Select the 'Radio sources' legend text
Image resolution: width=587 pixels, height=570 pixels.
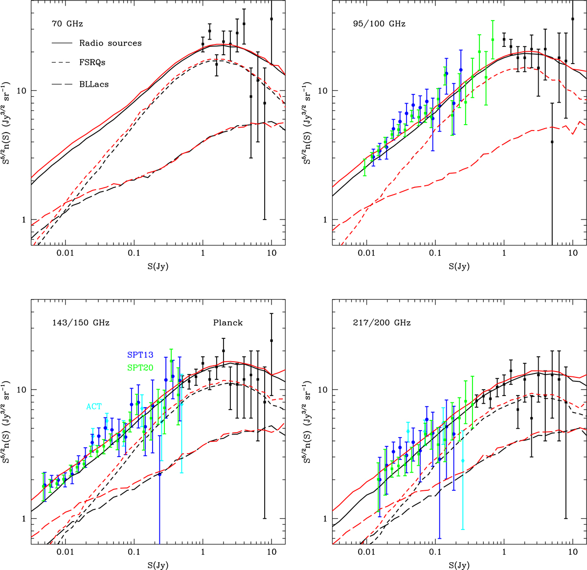coord(111,43)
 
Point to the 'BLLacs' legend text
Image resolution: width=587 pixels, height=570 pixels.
coord(94,84)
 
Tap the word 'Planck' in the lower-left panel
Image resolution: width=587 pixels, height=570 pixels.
coord(227,323)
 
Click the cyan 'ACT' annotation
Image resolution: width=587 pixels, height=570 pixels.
coord(94,406)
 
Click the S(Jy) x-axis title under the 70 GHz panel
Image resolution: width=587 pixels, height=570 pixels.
coord(158,266)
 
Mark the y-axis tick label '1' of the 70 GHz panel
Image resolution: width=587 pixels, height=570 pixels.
coord(22,220)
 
